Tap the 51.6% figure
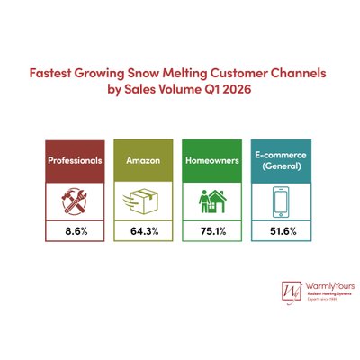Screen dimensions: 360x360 point(278,232)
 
